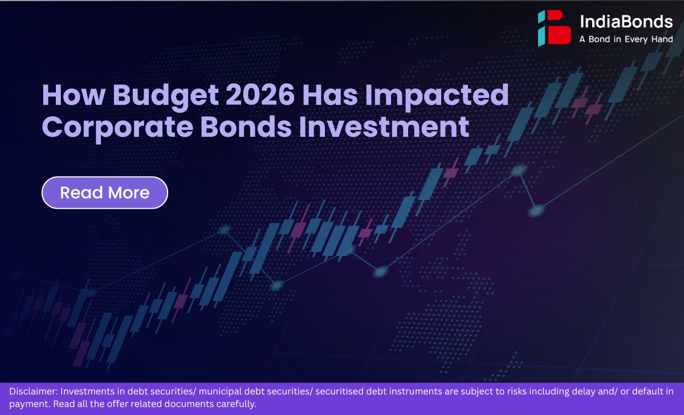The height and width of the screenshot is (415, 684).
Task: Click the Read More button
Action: pos(105,193)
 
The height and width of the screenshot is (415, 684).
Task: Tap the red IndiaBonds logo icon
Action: pos(554,28)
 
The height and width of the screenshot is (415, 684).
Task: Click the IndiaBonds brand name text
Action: pos(626,22)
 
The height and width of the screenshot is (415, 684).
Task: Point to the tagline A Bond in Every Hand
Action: pos(626,39)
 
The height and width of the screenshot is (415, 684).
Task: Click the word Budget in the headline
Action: pos(165,96)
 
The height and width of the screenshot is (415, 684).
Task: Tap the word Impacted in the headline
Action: pos(437,96)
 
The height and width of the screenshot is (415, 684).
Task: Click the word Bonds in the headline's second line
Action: pos(246,126)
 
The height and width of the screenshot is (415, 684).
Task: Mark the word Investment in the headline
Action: pos(384,126)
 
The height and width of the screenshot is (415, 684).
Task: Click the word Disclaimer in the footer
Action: pos(34,391)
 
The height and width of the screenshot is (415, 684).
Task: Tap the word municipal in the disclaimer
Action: pos(220,392)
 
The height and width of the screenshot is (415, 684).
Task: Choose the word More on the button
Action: pos(129,193)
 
